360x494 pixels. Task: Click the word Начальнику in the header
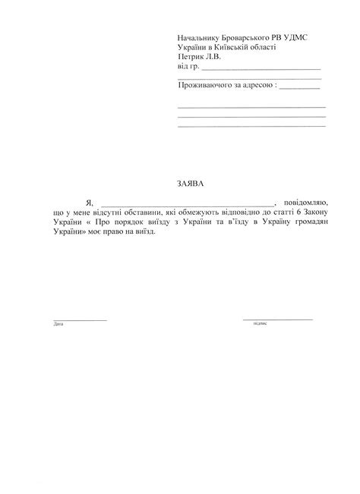click(200, 37)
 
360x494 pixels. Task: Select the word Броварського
click(256, 37)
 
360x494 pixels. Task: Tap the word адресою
click(258, 87)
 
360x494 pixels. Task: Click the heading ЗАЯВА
click(180, 184)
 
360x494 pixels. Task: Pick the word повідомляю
click(305, 203)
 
